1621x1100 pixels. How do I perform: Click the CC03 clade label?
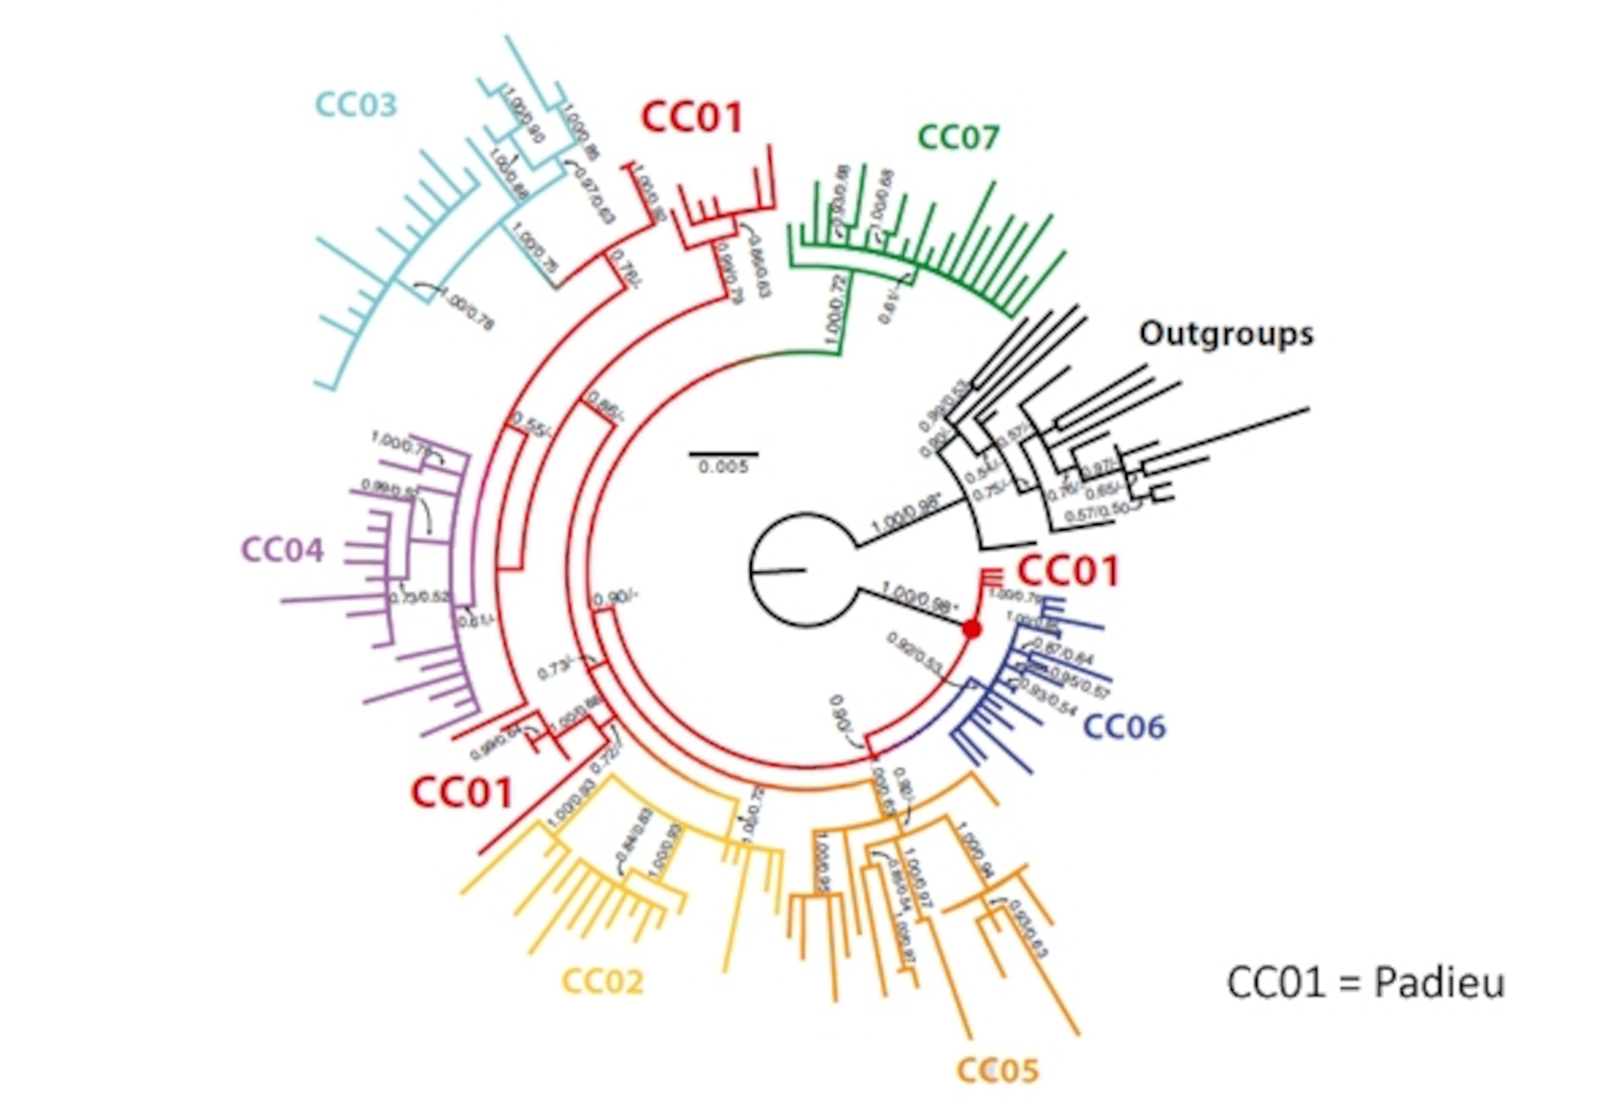356,105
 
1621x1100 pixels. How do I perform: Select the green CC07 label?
958,137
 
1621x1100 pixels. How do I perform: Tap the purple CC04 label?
282,549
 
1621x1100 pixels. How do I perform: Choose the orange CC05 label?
997,1070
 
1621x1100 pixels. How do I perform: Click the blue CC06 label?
1124,727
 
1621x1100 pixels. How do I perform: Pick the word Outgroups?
1226,334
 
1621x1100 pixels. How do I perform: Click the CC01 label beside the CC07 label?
691,117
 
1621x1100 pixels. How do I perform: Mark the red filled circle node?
971,629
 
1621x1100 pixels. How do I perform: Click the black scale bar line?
723,454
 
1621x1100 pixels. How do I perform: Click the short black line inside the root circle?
778,572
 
